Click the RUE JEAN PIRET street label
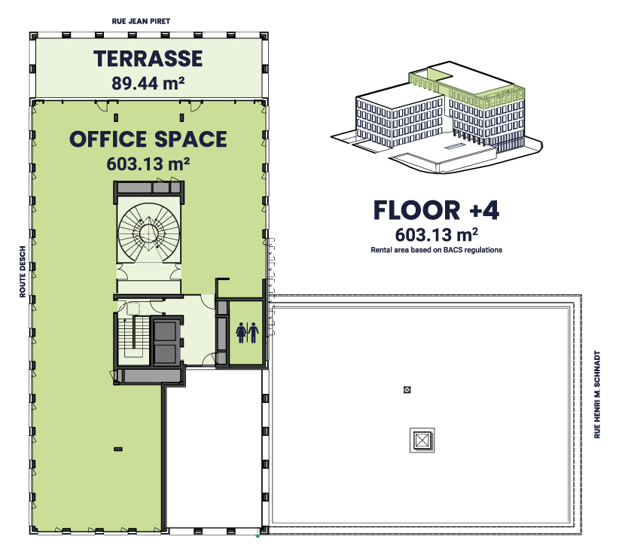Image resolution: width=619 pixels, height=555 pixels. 141,21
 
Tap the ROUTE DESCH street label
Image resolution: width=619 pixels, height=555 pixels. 23,272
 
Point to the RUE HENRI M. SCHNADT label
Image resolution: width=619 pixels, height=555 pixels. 597,395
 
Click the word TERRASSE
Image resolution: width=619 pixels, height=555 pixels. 148,59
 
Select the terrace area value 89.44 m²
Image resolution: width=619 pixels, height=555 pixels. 148,83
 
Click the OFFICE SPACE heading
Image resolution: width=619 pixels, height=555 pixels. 148,139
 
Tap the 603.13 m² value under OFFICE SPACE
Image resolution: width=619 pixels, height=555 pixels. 148,164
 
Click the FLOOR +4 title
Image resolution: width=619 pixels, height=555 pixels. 436,210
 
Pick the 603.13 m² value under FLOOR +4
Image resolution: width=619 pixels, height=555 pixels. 436,235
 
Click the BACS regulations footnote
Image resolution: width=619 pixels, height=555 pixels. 436,250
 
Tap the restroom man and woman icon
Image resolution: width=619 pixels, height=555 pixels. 247,332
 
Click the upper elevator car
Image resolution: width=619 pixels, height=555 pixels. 165,331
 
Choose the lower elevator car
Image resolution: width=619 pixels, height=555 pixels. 165,354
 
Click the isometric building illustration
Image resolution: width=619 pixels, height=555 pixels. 436,117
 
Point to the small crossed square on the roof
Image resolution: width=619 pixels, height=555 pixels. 407,390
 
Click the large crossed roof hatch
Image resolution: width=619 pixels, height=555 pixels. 422,440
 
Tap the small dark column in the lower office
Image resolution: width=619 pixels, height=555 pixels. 118,449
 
